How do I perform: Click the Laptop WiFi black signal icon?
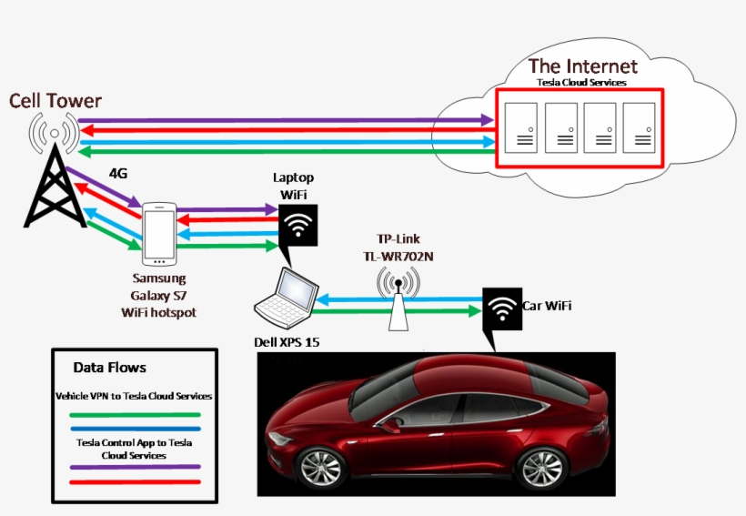tap(298, 224)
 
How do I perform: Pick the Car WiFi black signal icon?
tap(501, 311)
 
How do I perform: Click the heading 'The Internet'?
tap(582, 66)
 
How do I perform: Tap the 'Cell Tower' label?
tap(55, 100)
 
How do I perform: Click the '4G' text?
tap(119, 173)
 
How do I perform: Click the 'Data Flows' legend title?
tap(109, 368)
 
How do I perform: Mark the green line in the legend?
tap(136, 415)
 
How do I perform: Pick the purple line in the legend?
tap(136, 469)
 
